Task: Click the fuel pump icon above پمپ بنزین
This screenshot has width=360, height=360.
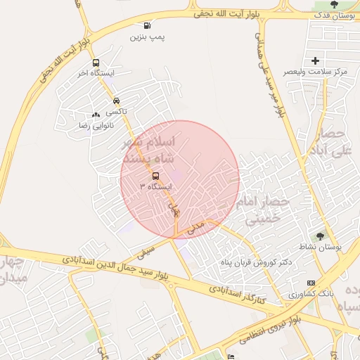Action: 146,25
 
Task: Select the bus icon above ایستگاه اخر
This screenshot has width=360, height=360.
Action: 96,62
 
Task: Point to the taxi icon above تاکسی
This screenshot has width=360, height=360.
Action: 116,101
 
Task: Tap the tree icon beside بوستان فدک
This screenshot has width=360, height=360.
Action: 333,6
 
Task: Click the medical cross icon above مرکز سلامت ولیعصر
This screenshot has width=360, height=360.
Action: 315,61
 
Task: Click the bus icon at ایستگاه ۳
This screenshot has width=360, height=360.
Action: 155,176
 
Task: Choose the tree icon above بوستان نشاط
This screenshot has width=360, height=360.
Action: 321,236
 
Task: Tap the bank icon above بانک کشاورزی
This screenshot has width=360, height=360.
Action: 302,283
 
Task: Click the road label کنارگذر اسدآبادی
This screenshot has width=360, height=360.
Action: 237,295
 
